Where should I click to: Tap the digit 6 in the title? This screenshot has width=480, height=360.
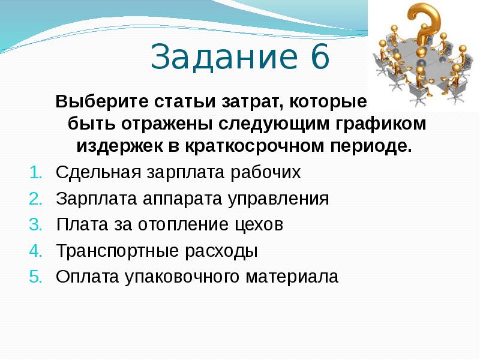[x=319, y=58]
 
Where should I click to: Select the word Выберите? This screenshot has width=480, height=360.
[x=91, y=101]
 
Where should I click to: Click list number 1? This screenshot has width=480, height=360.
[x=35, y=173]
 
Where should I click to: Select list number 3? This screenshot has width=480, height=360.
[x=35, y=225]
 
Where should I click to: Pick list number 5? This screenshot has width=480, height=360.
[x=35, y=277]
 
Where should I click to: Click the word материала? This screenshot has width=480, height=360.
[x=292, y=277]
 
